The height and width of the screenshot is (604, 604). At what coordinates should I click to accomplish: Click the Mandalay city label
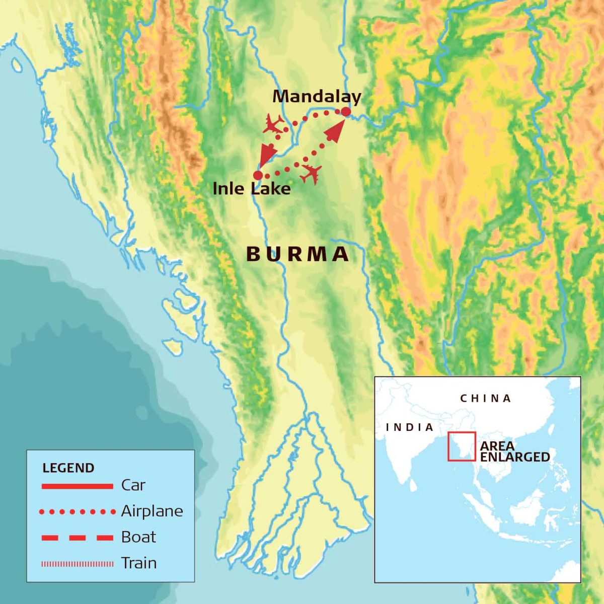point(317,97)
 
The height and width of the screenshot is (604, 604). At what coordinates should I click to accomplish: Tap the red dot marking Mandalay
point(346,112)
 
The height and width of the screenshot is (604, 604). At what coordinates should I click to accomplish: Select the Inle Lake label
point(252,189)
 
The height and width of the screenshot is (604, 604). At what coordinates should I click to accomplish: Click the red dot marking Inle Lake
point(258,175)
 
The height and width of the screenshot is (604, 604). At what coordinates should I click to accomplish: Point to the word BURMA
point(297,255)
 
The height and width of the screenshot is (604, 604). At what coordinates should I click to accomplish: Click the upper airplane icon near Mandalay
point(273,124)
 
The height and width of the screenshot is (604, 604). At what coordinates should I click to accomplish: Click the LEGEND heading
point(68,468)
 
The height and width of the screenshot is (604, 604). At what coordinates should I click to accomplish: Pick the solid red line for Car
point(77,486)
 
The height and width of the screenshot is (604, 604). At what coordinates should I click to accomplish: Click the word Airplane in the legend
point(152,511)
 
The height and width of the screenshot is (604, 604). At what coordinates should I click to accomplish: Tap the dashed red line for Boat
point(77,538)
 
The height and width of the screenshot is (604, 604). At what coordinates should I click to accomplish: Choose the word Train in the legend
point(139,563)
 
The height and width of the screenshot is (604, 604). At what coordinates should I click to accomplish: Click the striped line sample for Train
point(77,564)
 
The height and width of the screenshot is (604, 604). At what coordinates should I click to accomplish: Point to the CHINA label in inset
point(486,399)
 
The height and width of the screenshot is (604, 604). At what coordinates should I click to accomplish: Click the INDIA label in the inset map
point(409,427)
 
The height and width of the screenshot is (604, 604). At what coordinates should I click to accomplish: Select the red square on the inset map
point(462,446)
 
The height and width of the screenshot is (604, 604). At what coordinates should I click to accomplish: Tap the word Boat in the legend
point(139,537)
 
